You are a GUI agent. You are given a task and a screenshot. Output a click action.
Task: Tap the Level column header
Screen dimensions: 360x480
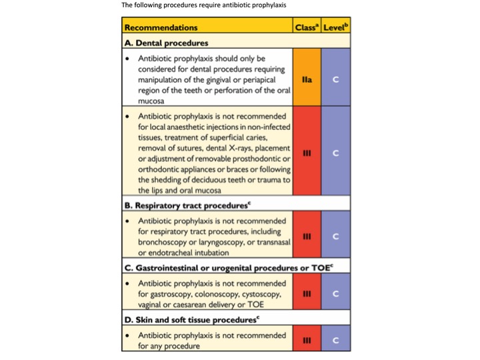[x=336, y=28]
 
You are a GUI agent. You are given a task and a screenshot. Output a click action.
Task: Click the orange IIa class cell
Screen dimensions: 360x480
[x=307, y=79]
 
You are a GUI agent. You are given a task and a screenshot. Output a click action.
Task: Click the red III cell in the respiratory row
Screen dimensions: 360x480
[x=307, y=236]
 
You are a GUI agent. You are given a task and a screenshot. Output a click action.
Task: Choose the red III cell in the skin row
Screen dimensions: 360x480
[x=307, y=339]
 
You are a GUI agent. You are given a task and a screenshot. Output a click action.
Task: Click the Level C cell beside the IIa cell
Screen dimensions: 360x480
[x=336, y=79]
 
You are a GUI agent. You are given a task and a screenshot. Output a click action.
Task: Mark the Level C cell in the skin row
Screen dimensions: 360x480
[x=336, y=339]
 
